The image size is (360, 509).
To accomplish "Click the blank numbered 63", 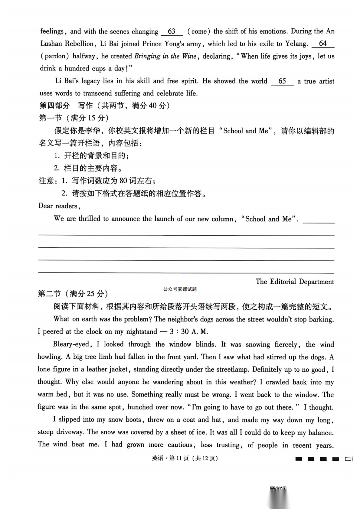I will point(172,32).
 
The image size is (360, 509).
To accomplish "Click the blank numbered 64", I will point(323,44).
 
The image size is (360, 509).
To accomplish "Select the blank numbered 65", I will point(282,81).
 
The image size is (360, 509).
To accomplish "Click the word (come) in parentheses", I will point(199,32).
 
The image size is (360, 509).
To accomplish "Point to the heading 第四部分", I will point(55,106).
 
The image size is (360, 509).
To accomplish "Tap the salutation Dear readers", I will point(59,206).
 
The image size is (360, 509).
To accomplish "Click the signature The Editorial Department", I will point(295,281).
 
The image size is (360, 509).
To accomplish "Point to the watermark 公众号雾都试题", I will point(180,289).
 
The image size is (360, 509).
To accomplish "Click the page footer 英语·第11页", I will point(185,458).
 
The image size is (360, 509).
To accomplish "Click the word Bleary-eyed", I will point(71,344).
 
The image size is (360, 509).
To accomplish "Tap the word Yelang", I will point(296,44).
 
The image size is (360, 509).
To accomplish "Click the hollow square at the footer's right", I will point(348,459).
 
